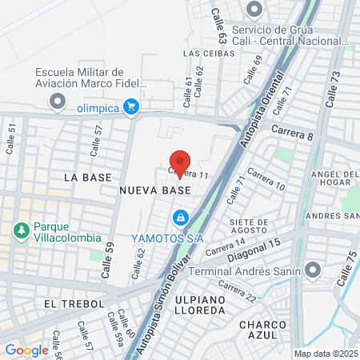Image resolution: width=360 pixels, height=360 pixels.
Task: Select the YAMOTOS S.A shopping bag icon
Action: pyautogui.click(x=182, y=217)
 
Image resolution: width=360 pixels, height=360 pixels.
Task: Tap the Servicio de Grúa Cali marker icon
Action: pyautogui.click(x=255, y=10)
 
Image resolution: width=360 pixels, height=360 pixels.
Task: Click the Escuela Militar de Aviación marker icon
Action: pyautogui.click(x=57, y=102)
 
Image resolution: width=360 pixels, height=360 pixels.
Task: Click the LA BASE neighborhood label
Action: pyautogui.click(x=85, y=176)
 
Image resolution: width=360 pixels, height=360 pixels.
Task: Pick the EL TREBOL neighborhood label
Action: pyautogui.click(x=75, y=304)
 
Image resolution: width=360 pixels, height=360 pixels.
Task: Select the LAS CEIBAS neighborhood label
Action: pyautogui.click(x=209, y=54)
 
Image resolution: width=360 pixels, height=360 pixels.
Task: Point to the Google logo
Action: pyautogui.click(x=26, y=350)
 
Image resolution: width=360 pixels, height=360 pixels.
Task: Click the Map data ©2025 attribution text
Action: pyautogui.click(x=325, y=353)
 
